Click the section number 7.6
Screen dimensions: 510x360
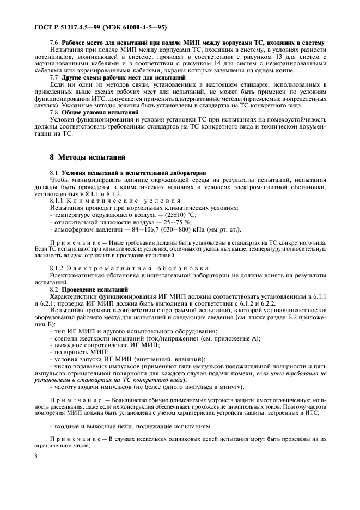[x=54, y=42]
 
